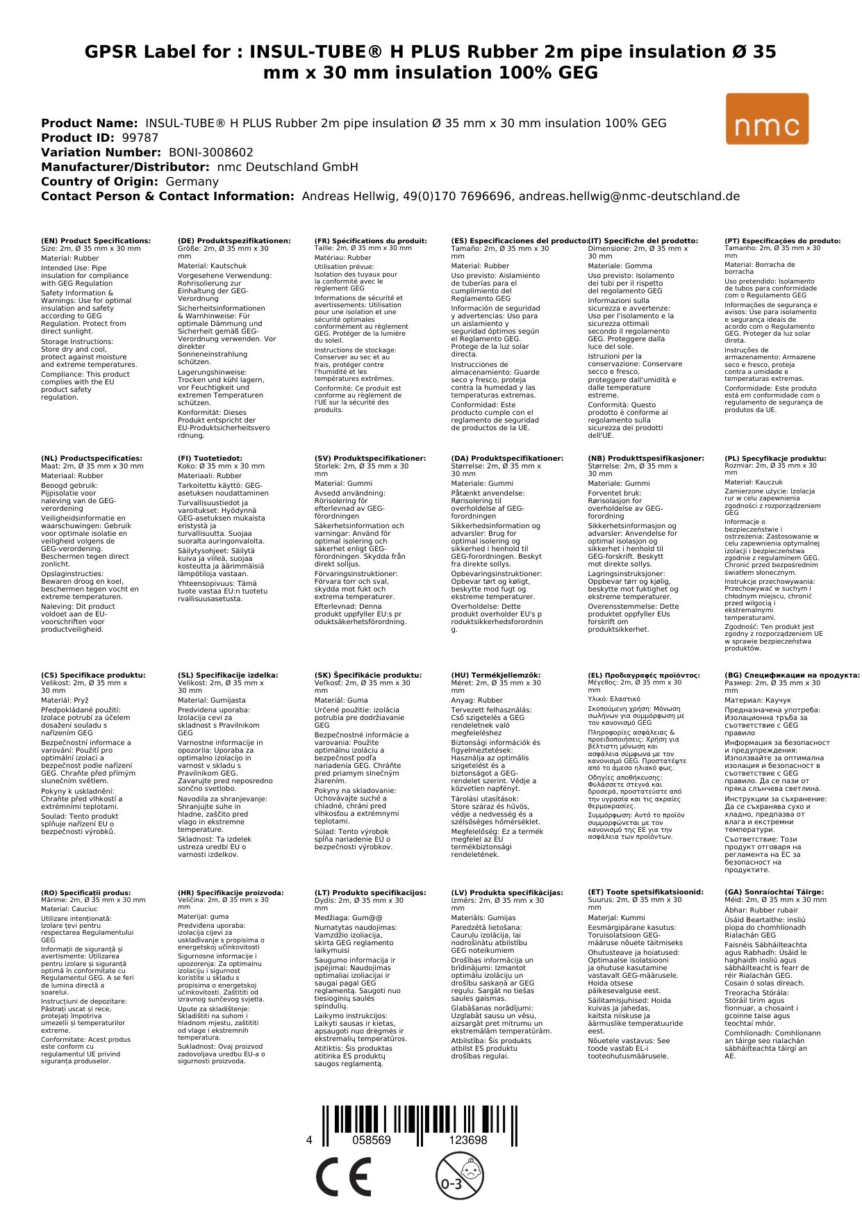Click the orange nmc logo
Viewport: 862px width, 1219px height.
tap(767, 119)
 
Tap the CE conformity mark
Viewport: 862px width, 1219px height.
tap(343, 1177)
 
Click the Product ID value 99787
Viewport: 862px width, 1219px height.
tap(140, 138)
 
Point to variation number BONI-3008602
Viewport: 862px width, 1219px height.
tap(210, 152)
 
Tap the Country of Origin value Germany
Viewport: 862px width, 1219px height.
tap(192, 181)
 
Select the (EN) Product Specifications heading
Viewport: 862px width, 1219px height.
tap(96, 241)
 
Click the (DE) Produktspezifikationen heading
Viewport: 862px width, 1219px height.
tap(234, 241)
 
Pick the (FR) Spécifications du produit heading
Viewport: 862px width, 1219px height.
tap(370, 241)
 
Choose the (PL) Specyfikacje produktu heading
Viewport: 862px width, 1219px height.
tap(775, 459)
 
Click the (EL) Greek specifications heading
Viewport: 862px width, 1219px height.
tap(644, 675)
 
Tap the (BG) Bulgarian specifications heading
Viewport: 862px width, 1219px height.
tap(792, 675)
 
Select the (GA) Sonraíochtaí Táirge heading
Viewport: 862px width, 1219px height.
tap(774, 892)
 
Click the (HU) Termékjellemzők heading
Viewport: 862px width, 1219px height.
tap(495, 675)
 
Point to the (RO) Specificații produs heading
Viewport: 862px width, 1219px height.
tap(85, 892)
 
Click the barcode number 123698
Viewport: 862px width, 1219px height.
tap(467, 1140)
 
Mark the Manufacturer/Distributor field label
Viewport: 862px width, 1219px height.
tap(125, 167)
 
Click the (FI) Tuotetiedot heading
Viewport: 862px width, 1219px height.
tap(210, 459)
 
